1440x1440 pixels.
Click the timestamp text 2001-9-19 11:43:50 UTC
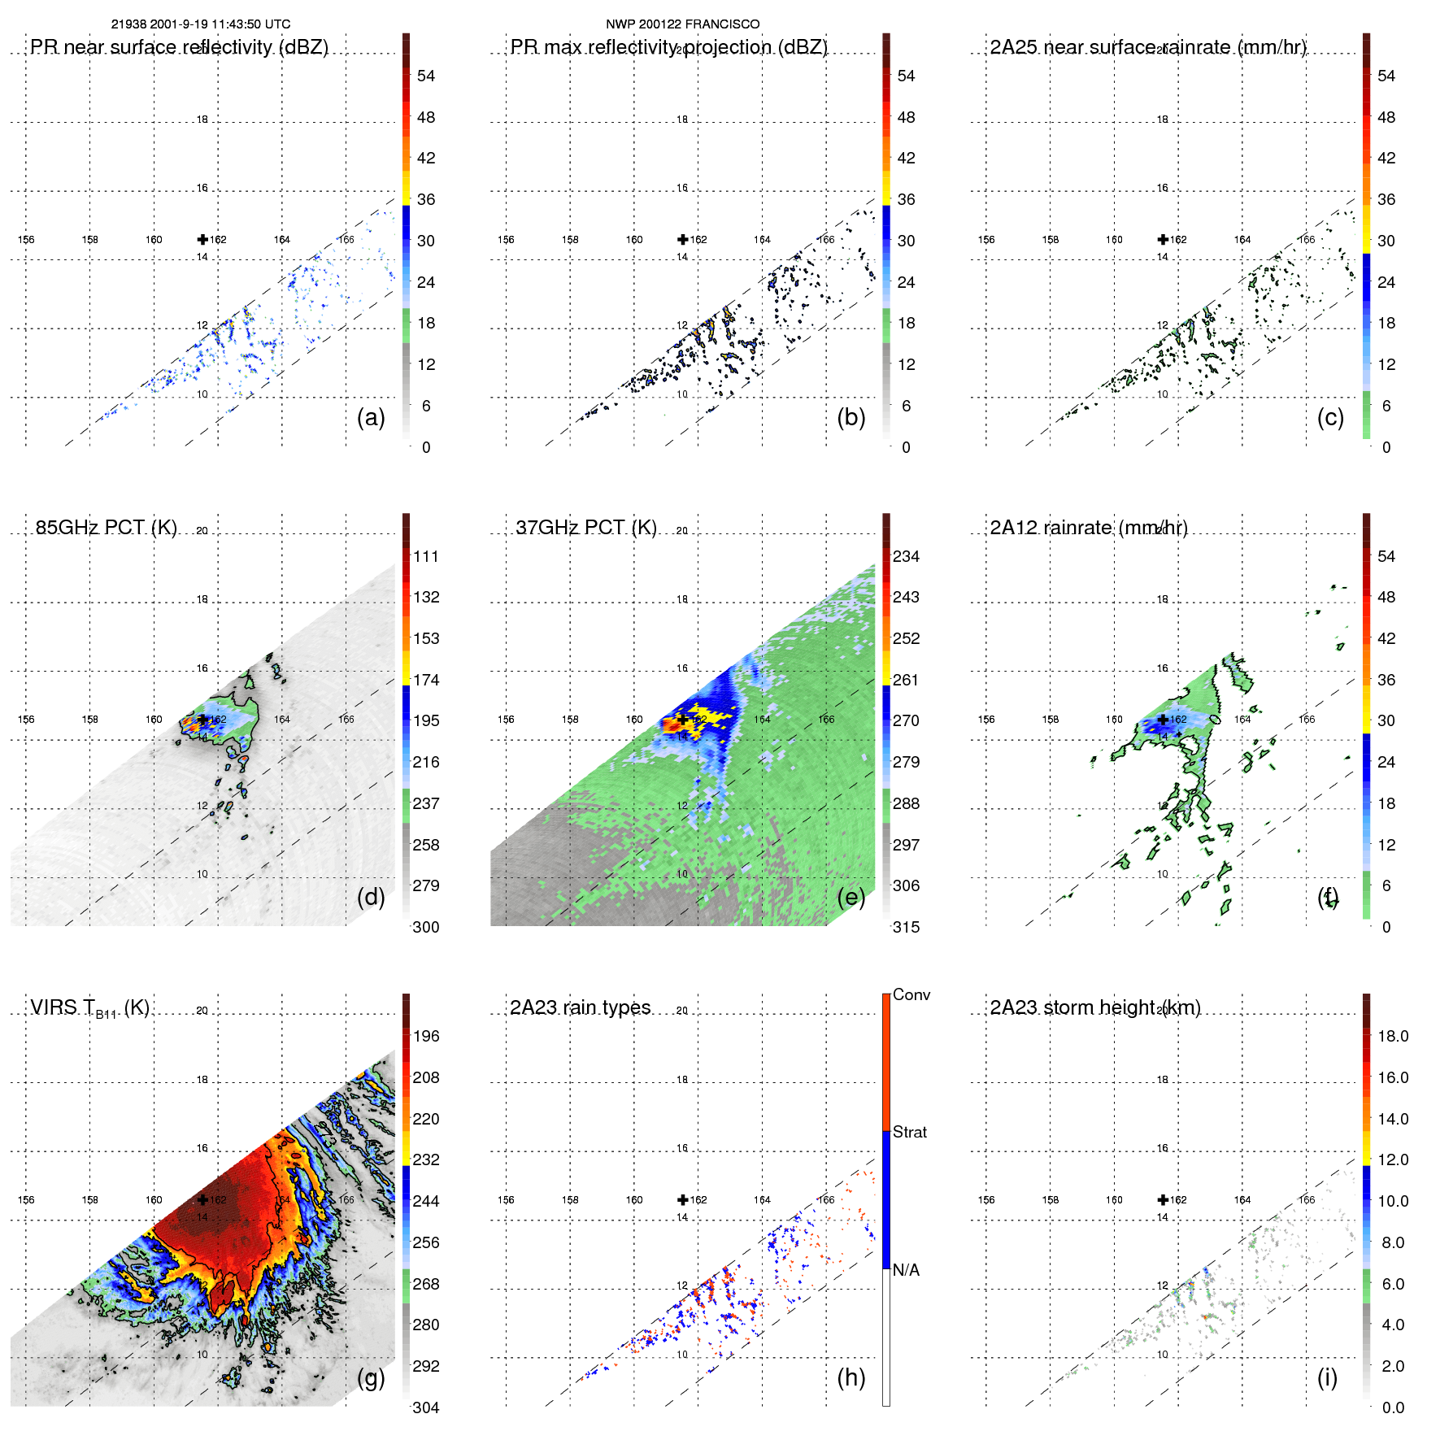220,24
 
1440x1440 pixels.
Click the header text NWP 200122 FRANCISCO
682,24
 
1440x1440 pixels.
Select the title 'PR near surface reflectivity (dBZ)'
179,47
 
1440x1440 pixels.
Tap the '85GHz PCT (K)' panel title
106,528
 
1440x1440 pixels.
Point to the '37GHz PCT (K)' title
585,528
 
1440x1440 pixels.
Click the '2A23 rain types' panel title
580,1007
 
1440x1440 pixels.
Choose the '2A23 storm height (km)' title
1094,1007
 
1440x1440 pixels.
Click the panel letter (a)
371,417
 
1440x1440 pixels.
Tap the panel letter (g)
371,1377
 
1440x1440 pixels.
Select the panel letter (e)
851,897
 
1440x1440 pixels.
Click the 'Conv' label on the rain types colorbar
911,994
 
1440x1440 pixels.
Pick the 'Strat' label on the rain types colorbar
909,1132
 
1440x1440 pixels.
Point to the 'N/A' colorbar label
906,1270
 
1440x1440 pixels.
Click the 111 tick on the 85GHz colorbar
426,556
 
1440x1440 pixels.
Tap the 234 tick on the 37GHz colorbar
906,556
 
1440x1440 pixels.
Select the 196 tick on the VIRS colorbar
426,1036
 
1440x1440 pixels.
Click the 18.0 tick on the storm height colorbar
1393,1036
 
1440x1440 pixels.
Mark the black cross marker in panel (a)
202,239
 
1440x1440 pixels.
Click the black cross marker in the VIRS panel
202,1199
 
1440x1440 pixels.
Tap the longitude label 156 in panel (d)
26,720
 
